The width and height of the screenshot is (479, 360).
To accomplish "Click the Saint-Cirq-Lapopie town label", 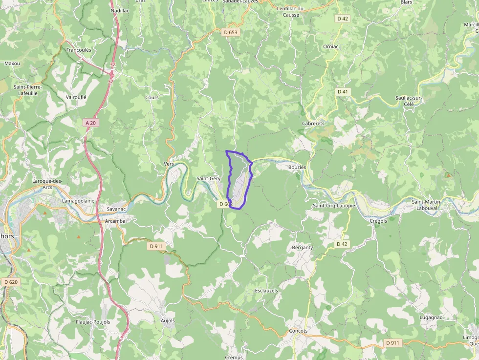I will coord(334,206).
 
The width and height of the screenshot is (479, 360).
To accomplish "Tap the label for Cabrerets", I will coord(313,124).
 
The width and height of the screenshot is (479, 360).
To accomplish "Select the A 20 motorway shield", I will coord(90,123).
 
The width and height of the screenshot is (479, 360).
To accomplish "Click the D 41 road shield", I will coord(343,91).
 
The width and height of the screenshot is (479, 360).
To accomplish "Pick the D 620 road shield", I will coord(10,282).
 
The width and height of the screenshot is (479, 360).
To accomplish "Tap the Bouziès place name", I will coord(298,167).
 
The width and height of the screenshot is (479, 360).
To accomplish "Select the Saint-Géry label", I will coord(208,179).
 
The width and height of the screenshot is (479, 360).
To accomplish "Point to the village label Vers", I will coord(169,164).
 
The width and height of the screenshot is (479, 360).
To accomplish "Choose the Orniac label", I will coord(331,46).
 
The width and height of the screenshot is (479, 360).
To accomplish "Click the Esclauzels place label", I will coord(266,290).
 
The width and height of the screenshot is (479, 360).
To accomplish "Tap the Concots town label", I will coord(298,331).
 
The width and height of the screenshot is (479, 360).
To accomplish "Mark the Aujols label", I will coord(168,321).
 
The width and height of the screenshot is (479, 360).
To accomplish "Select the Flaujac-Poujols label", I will coord(93,322).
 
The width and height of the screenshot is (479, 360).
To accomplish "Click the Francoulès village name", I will coord(79,50).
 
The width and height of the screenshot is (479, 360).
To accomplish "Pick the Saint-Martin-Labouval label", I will coord(427,205).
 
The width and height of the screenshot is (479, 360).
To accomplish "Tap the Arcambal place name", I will coord(116,221).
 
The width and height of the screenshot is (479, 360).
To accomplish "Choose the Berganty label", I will coord(302,248).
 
